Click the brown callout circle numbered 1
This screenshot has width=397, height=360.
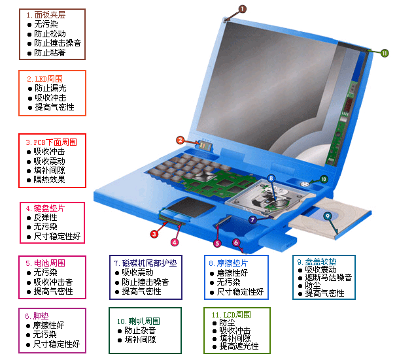242,9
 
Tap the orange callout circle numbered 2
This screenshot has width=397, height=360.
180,140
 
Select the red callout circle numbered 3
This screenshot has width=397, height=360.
154,234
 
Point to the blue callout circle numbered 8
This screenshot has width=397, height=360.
271,178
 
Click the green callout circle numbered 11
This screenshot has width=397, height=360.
385,53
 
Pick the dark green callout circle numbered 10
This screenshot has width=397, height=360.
324,180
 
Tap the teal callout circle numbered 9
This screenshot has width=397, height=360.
328,216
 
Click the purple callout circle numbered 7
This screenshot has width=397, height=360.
252,220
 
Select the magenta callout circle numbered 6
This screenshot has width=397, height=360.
236,243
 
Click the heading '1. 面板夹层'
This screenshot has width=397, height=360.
46,15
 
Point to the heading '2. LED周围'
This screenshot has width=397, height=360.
45,79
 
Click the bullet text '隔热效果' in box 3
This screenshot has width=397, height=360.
49,180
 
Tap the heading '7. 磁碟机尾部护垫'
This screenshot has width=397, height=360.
146,263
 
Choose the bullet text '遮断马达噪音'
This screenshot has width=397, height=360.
328,278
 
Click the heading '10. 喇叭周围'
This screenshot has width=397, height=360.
139,321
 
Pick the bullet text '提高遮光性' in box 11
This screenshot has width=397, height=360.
239,346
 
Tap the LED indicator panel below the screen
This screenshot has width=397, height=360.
206,146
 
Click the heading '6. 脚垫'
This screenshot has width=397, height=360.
37,316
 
